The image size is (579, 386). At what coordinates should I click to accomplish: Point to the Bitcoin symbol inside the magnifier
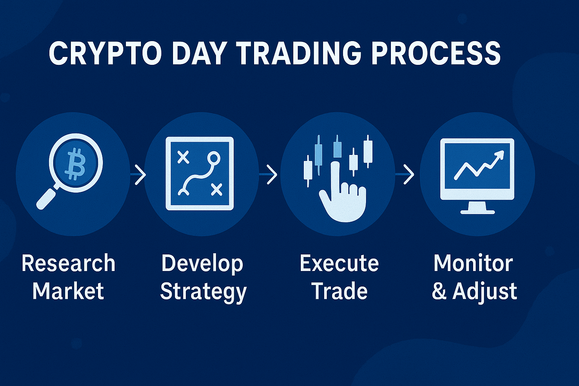pyautogui.click(x=75, y=164)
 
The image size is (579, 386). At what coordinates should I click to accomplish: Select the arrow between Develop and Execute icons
pyautogui.click(x=271, y=175)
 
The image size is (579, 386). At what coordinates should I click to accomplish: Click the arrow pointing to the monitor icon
pyautogui.click(x=408, y=175)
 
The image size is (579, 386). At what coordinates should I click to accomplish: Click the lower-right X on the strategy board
pyautogui.click(x=217, y=190)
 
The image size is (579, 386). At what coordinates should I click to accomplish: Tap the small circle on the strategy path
pyautogui.click(x=213, y=157)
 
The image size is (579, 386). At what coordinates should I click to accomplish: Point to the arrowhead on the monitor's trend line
pyautogui.click(x=499, y=155)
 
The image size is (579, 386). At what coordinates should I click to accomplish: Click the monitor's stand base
pyautogui.click(x=478, y=211)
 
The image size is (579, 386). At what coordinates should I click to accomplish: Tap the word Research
pyautogui.click(x=68, y=263)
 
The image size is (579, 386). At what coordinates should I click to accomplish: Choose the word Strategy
pyautogui.click(x=203, y=292)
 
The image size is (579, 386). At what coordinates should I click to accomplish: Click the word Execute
pyautogui.click(x=339, y=263)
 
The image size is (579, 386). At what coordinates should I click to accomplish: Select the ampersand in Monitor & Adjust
pyautogui.click(x=439, y=292)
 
